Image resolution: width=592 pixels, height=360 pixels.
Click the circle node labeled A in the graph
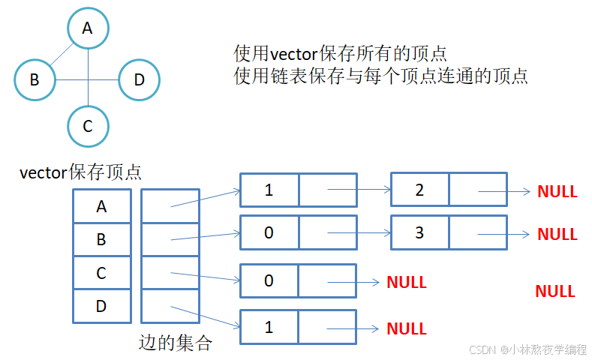coord(88,28)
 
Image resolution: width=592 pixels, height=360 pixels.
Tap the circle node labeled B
coord(35,78)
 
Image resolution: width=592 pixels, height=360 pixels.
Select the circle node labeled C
coord(88,125)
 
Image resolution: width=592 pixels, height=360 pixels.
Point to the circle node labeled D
coord(139,78)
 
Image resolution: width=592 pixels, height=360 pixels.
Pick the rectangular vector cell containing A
coord(101,206)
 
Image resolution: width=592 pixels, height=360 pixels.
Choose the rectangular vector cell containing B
coord(101,240)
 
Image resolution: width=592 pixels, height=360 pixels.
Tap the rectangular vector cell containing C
coord(101,274)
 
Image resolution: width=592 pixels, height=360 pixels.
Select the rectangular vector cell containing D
coord(101,307)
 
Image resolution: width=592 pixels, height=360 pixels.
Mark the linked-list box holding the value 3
coord(420,232)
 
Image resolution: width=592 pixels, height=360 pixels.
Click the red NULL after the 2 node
coord(557,191)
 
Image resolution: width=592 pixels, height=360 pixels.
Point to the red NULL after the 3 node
coord(557,234)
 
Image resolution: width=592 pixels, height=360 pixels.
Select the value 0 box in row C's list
coord(269,281)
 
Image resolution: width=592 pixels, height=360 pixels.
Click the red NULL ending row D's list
coord(406,328)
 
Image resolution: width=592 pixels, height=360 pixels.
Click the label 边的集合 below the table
coord(176,343)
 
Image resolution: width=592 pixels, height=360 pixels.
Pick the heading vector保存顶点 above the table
coord(80,172)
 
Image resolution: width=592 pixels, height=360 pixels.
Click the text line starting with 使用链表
coord(380,76)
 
